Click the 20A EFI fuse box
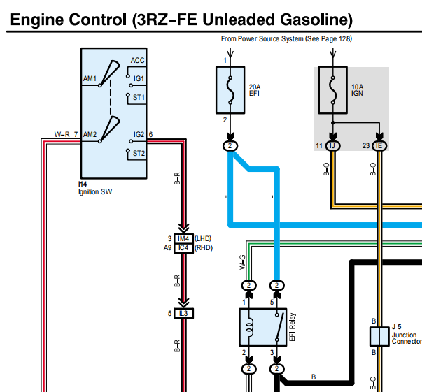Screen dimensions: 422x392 click(230, 90)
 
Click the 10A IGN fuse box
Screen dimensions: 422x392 click(333, 90)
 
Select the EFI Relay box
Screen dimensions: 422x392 click(263, 327)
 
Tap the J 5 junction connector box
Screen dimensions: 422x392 click(379, 336)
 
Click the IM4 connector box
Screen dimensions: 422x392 click(183, 238)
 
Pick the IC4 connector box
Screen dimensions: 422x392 click(183, 248)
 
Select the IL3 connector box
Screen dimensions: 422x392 click(183, 314)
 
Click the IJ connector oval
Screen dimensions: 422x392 click(333, 146)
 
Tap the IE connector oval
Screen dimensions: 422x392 click(379, 146)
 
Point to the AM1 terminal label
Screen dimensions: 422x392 click(90, 78)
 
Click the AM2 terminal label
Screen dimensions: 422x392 click(90, 134)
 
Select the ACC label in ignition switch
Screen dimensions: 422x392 click(138, 61)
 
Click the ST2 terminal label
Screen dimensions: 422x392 click(139, 153)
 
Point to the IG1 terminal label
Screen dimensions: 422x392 click(139, 78)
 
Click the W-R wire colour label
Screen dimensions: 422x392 click(62, 134)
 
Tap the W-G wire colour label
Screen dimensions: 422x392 click(242, 262)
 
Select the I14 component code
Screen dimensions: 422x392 click(83, 184)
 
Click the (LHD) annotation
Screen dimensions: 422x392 click(203, 238)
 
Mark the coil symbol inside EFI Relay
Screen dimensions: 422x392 click(250, 328)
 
